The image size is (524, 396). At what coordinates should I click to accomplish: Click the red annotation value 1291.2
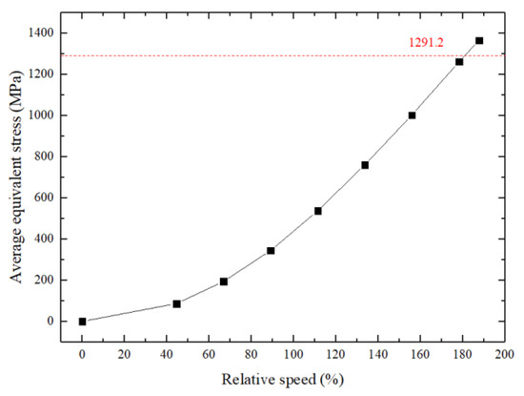[420, 42]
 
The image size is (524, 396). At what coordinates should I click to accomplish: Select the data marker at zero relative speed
[83, 322]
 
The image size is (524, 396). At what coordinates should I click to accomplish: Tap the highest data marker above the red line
[479, 41]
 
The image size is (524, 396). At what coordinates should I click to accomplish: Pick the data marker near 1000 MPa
[412, 115]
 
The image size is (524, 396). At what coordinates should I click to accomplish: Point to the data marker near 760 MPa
[365, 165]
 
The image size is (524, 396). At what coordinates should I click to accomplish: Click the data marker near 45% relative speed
[177, 303]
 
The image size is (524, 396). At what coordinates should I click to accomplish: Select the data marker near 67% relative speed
[224, 281]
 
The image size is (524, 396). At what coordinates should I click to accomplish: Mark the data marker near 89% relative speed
[271, 251]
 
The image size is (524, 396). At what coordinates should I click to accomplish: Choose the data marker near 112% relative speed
[318, 211]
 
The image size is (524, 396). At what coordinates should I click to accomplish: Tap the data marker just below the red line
[459, 62]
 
